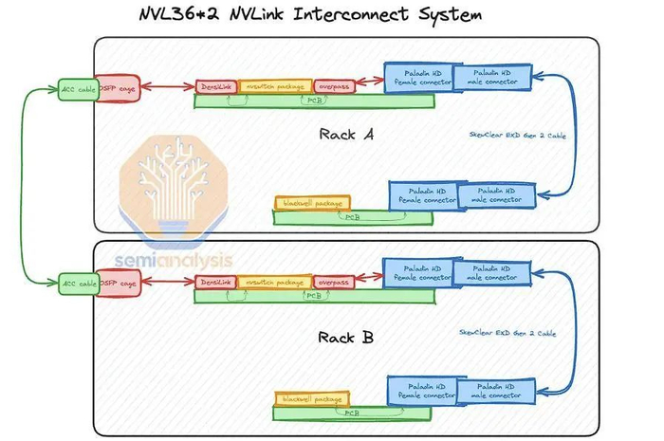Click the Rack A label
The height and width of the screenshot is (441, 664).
346,134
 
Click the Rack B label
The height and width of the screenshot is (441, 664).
346,337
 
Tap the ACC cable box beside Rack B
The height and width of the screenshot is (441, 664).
77,283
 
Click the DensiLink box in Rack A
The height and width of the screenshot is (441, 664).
216,86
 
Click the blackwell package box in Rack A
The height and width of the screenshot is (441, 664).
312,202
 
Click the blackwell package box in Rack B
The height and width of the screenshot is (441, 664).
312,399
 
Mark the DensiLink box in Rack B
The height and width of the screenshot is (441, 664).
216,283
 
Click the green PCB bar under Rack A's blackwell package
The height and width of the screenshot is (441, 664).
350,217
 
